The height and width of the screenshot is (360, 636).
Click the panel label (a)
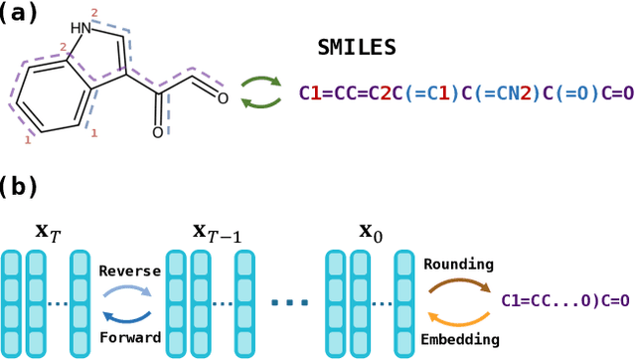[x=21, y=14]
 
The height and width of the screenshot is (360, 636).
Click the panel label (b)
[x=22, y=186]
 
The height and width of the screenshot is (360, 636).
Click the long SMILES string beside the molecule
[x=465, y=93]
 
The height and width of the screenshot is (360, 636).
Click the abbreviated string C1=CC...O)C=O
[x=565, y=299]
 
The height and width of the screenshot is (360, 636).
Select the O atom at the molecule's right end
[x=223, y=97]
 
